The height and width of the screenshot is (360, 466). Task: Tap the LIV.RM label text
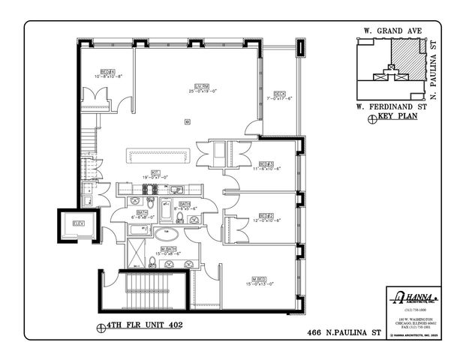click(x=201, y=86)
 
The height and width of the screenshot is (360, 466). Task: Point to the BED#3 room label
click(x=266, y=163)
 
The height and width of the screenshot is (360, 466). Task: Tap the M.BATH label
click(x=169, y=248)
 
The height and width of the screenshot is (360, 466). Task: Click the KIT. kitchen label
click(x=155, y=172)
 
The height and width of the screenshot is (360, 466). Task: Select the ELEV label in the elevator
click(x=77, y=224)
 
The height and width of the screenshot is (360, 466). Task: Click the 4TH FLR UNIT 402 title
click(x=143, y=325)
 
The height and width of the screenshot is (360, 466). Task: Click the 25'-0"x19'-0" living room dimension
click(x=201, y=92)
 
